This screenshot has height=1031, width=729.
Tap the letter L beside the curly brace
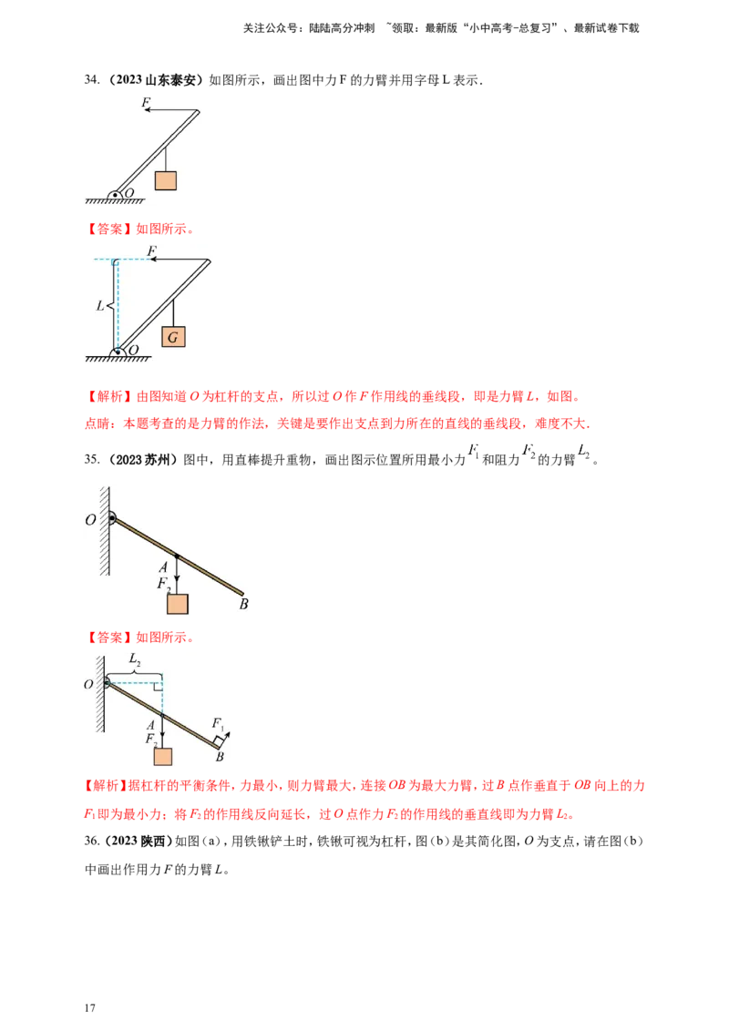click(100, 307)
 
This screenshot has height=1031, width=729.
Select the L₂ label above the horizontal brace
click(134, 658)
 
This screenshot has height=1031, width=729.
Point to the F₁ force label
click(218, 723)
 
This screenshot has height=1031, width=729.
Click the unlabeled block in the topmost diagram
click(165, 179)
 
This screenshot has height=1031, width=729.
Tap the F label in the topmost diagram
click(146, 103)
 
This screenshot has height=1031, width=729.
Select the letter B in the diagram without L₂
click(243, 604)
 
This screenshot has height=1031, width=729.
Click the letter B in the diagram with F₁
click(220, 757)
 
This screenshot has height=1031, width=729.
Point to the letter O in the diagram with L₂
click(88, 684)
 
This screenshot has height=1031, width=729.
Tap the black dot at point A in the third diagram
click(177, 555)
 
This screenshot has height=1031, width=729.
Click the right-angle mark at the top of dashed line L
click(116, 263)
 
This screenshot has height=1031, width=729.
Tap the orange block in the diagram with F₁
click(163, 757)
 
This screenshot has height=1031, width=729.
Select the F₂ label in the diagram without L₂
click(163, 583)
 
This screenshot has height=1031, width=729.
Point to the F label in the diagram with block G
click(151, 250)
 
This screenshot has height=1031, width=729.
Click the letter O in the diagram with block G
click(133, 350)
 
